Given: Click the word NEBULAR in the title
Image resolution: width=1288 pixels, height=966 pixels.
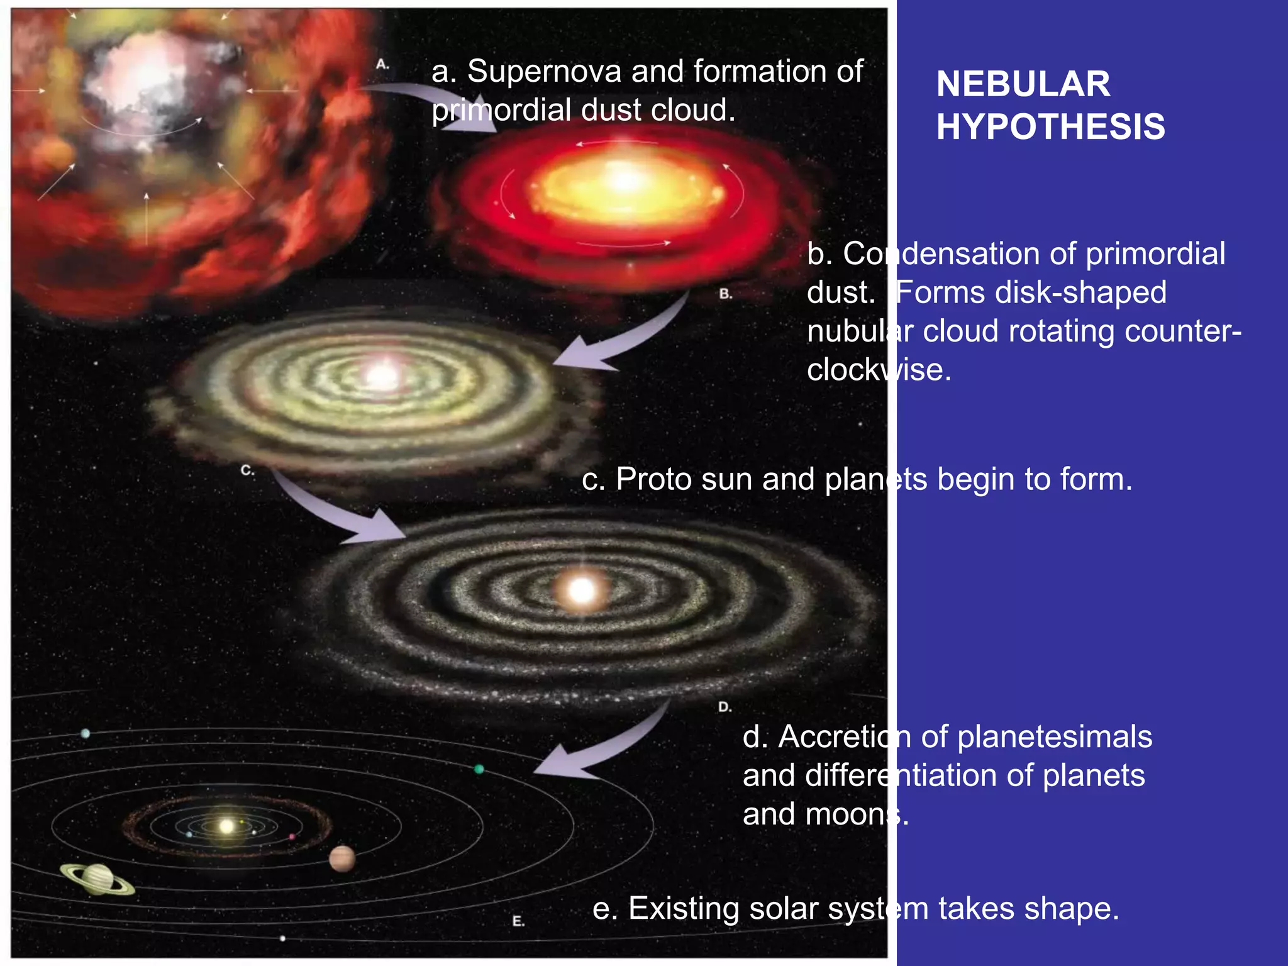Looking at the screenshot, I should click(1023, 84).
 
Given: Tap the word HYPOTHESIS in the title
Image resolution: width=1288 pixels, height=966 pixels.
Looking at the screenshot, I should click(1050, 126).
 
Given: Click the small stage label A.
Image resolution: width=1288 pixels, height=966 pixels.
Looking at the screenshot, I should click(382, 65).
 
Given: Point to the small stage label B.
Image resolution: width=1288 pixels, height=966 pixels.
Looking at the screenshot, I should click(725, 294).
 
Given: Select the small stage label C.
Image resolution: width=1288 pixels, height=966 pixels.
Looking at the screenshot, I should click(247, 470).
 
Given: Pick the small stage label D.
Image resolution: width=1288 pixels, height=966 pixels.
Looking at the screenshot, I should click(724, 707).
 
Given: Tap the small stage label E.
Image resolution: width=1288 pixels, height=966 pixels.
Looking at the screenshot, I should click(518, 921).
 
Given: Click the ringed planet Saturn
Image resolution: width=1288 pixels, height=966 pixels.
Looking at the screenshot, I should click(97, 878).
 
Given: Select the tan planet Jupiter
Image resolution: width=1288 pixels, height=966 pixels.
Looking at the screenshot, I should click(342, 859).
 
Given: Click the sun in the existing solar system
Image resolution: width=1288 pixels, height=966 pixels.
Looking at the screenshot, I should click(226, 826).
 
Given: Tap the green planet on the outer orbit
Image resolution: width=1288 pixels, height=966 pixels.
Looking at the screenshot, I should click(479, 769).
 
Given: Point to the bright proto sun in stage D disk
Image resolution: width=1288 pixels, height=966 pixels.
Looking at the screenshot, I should click(581, 591).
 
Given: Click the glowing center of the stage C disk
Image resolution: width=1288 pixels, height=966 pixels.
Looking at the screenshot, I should click(381, 376).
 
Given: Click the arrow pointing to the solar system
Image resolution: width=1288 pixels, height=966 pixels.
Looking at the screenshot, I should click(604, 748).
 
